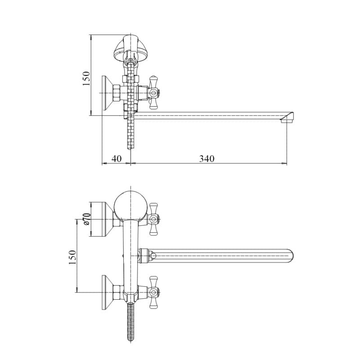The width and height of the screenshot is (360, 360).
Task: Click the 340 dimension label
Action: click(x=207, y=159)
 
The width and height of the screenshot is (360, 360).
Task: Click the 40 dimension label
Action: click(x=117, y=159)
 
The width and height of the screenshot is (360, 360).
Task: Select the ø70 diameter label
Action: click(x=86, y=219)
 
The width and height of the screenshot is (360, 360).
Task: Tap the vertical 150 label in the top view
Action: click(x=86, y=78)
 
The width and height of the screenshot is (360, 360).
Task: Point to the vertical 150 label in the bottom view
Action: click(x=72, y=257)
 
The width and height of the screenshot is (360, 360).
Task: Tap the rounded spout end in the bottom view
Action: click(x=290, y=256)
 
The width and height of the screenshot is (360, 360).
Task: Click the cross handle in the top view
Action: click(x=153, y=92)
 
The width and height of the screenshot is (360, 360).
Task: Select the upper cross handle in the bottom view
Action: click(x=153, y=219)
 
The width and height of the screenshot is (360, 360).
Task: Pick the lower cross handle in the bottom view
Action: click(x=153, y=292)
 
